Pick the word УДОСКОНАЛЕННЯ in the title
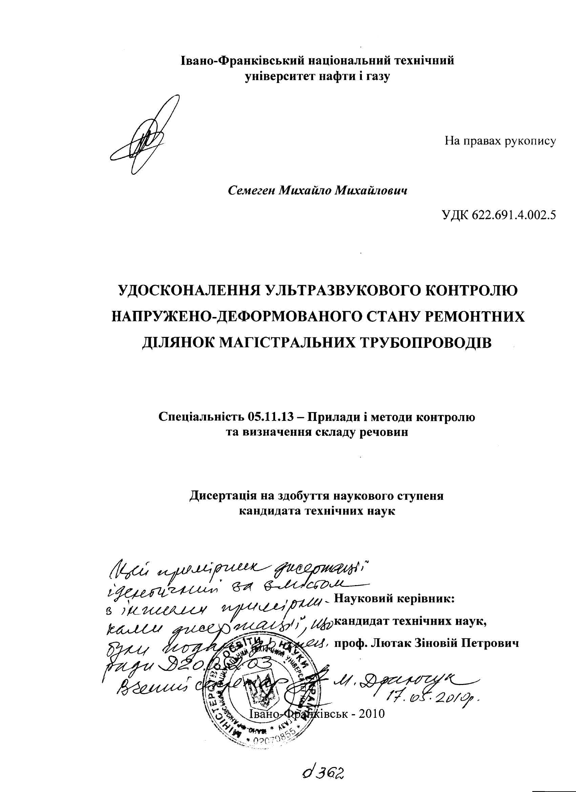point(189,291)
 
